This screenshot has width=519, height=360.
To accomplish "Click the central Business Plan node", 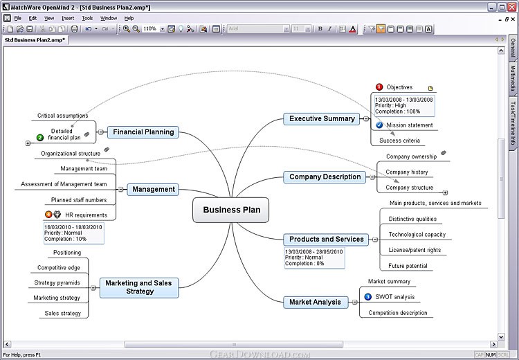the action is tap(230, 210).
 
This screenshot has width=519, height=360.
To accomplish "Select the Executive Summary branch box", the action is tap(321, 118).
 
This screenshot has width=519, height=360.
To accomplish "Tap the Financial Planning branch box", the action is tap(143, 132).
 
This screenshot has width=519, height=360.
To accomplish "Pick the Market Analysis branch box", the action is tap(316, 302).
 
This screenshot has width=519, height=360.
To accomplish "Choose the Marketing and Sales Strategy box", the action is tap(139, 287).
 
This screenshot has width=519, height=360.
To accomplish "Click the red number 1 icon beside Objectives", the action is tap(379, 87).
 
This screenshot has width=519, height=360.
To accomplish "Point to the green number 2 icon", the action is tap(40, 138).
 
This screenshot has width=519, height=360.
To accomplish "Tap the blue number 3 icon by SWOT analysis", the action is tap(367, 297).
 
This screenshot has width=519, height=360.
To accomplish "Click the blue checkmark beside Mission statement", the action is tap(379, 125).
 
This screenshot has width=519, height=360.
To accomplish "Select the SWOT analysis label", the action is tap(395, 297).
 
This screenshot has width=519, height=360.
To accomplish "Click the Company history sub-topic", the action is tap(407, 172).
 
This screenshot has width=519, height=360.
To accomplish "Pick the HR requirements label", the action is tap(86, 215).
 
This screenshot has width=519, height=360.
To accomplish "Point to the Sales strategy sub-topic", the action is tap(62, 313).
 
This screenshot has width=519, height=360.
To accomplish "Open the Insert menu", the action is tap(68, 18).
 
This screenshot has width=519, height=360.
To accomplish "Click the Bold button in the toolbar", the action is tap(320, 29).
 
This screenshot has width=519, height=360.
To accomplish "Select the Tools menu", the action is tap(87, 18).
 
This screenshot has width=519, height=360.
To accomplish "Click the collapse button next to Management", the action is tap(120, 190).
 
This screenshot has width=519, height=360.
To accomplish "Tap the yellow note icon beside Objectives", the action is tap(430, 88).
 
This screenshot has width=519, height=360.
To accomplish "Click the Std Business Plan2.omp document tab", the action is tap(35, 40).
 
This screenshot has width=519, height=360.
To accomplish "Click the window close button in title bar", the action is tap(511, 7).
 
